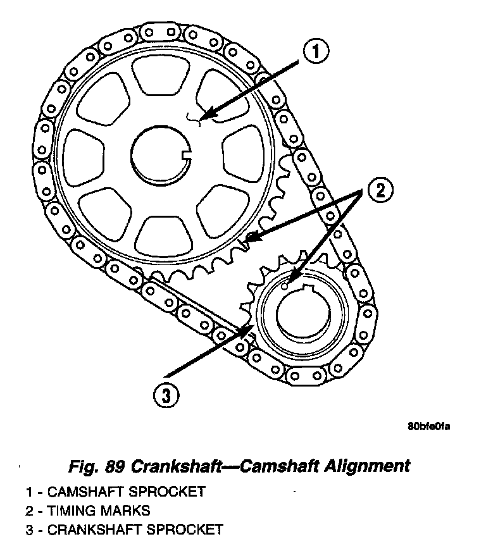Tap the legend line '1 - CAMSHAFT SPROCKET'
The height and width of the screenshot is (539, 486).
coord(115,492)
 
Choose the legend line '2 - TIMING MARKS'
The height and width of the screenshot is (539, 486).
coord(88,510)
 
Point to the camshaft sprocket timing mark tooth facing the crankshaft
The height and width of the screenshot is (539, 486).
coord(249,240)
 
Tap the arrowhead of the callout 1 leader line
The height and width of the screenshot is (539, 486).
coord(204,117)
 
